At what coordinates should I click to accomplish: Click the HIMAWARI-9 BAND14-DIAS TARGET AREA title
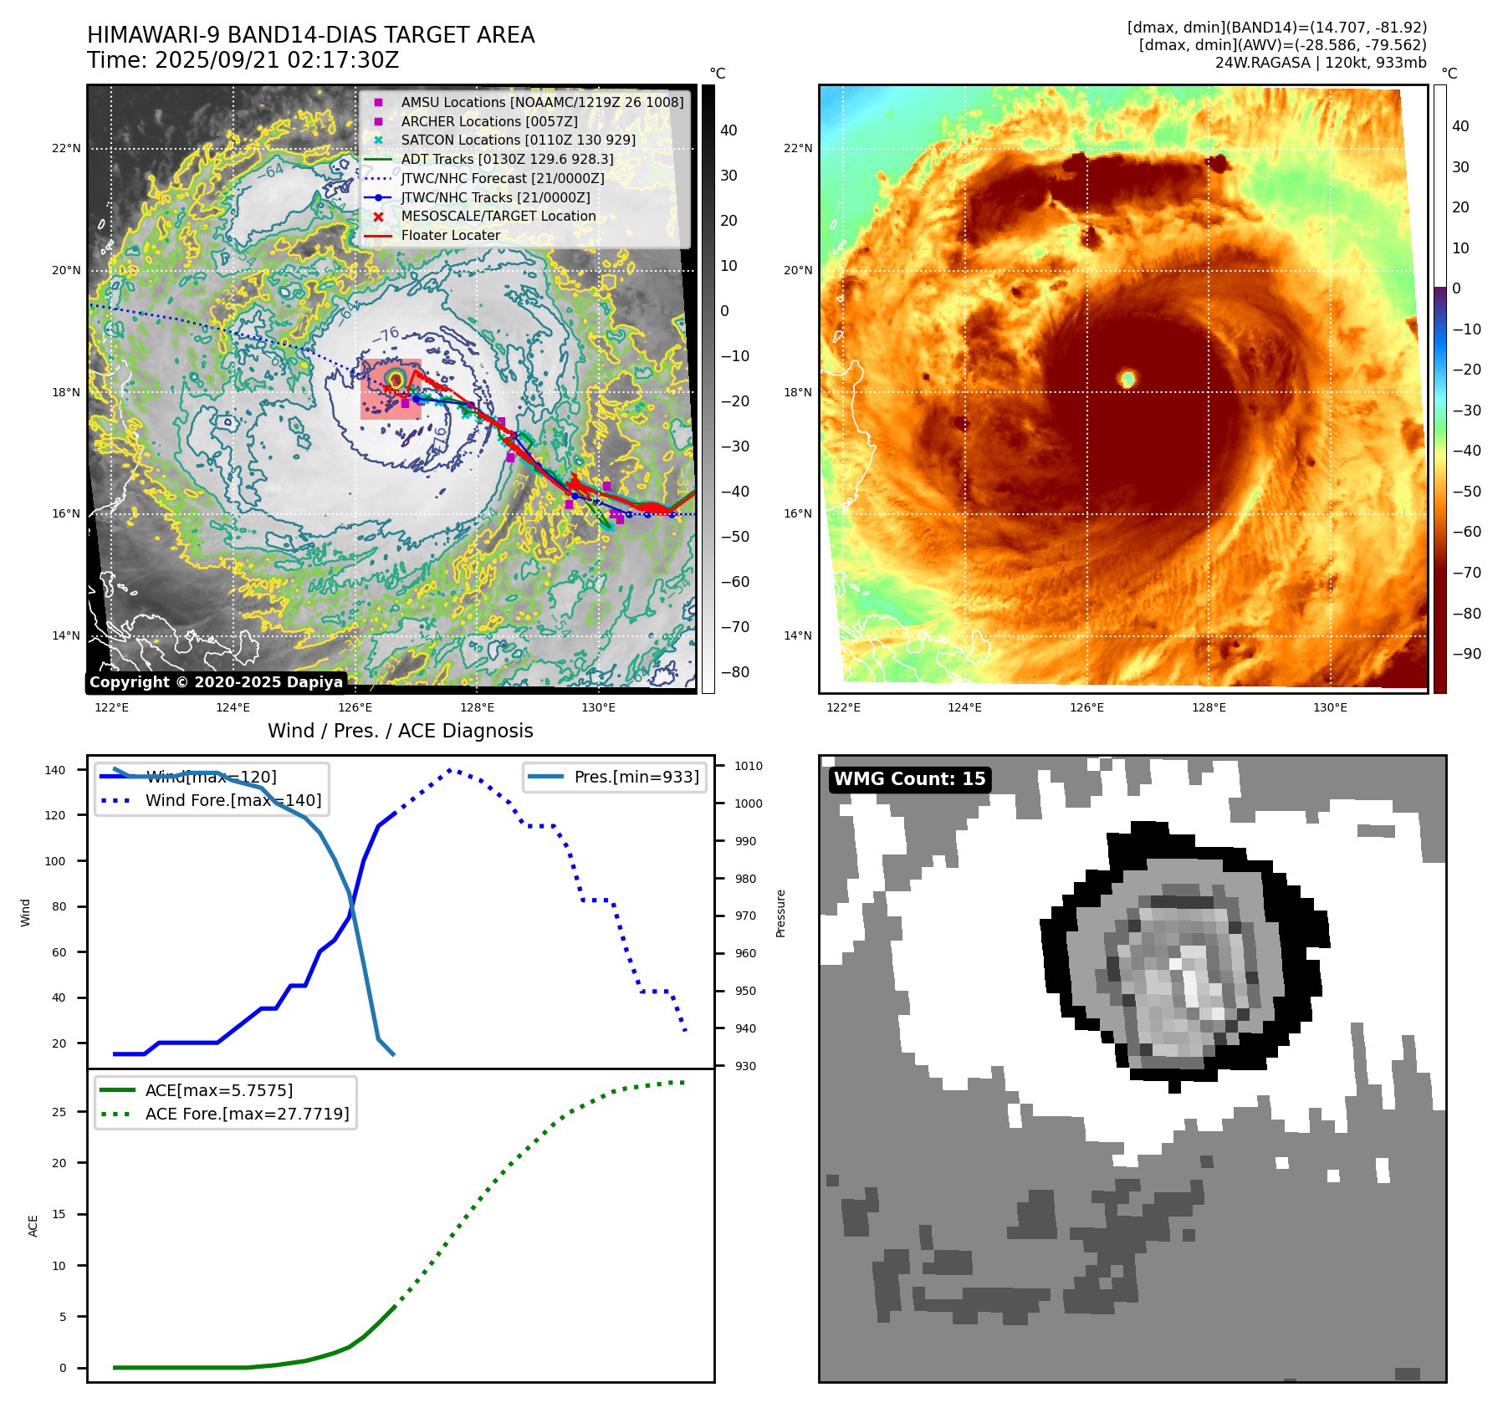coord(310,35)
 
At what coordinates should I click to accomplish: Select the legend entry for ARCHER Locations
coord(488,121)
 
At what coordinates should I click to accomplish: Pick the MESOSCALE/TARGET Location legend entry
coord(498,216)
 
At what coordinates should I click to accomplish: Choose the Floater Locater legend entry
coord(450,235)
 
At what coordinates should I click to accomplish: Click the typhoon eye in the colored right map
coord(1127,379)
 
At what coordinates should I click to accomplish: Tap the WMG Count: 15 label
coord(909,779)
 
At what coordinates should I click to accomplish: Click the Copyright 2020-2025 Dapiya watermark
coord(216,682)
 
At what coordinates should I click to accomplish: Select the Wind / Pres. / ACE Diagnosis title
coord(400,731)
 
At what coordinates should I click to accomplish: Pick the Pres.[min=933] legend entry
coord(636,777)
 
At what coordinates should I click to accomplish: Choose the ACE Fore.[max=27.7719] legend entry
coord(247,1114)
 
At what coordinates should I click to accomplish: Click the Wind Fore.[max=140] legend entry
coord(233,800)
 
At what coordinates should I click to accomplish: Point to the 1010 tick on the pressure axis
coord(749,766)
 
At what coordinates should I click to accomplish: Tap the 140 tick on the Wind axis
coord(55,770)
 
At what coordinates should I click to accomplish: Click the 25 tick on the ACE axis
coord(59,1112)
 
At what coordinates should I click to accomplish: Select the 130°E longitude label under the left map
coord(598,708)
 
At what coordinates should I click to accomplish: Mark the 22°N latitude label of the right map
coord(797,149)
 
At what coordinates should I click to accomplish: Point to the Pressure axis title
coord(780,913)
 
